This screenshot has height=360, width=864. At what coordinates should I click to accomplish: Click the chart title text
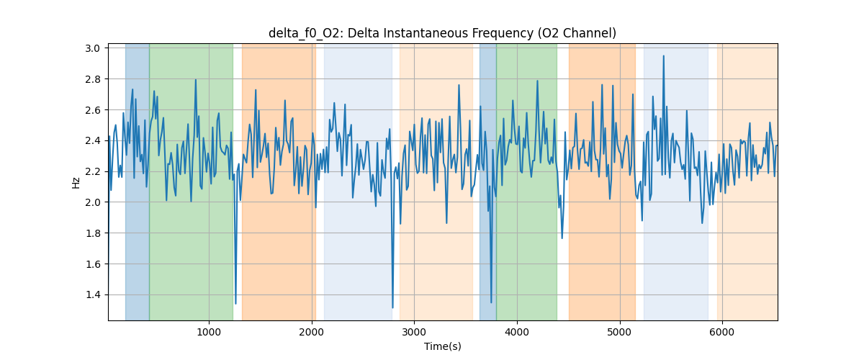442,33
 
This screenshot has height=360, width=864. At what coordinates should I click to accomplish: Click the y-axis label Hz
76,182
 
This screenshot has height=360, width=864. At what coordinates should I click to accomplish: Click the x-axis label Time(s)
442,346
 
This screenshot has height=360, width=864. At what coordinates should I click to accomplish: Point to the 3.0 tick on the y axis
95,48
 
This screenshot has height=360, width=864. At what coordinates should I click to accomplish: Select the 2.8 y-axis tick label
95,79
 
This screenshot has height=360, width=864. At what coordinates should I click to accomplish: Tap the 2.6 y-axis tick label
95,110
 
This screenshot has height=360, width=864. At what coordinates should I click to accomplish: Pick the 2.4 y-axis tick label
95,140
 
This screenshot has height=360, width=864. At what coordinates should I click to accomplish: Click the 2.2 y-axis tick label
95,171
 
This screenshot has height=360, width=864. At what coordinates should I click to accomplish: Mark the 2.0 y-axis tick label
95,202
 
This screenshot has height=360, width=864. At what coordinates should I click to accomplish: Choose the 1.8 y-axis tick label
95,233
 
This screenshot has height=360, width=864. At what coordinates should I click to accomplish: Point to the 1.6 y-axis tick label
95,264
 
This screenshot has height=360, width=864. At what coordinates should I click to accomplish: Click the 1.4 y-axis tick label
95,294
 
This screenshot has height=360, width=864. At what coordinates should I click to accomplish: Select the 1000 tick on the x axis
209,332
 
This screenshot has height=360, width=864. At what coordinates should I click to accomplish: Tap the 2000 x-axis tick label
311,332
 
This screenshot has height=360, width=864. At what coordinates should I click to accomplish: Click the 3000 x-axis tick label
414,332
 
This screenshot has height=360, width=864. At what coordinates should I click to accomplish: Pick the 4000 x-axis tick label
516,332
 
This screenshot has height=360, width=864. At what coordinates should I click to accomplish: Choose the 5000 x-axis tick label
619,332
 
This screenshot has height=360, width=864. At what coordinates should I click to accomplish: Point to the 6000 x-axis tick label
721,332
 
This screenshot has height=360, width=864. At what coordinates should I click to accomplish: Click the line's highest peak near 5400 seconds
664,55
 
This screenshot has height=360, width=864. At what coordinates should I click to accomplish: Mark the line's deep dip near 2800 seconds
392,307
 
